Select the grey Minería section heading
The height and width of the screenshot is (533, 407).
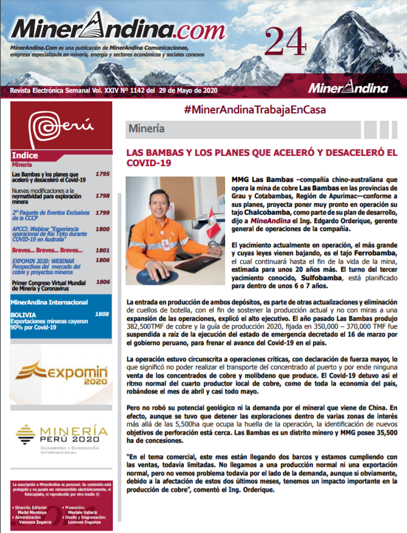[x=146, y=129]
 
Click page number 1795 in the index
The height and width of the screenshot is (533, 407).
[x=103, y=174]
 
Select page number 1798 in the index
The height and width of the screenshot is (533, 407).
[x=103, y=196]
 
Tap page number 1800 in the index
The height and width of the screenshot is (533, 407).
[x=103, y=229]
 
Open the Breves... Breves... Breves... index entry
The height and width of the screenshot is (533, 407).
[x=47, y=250]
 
